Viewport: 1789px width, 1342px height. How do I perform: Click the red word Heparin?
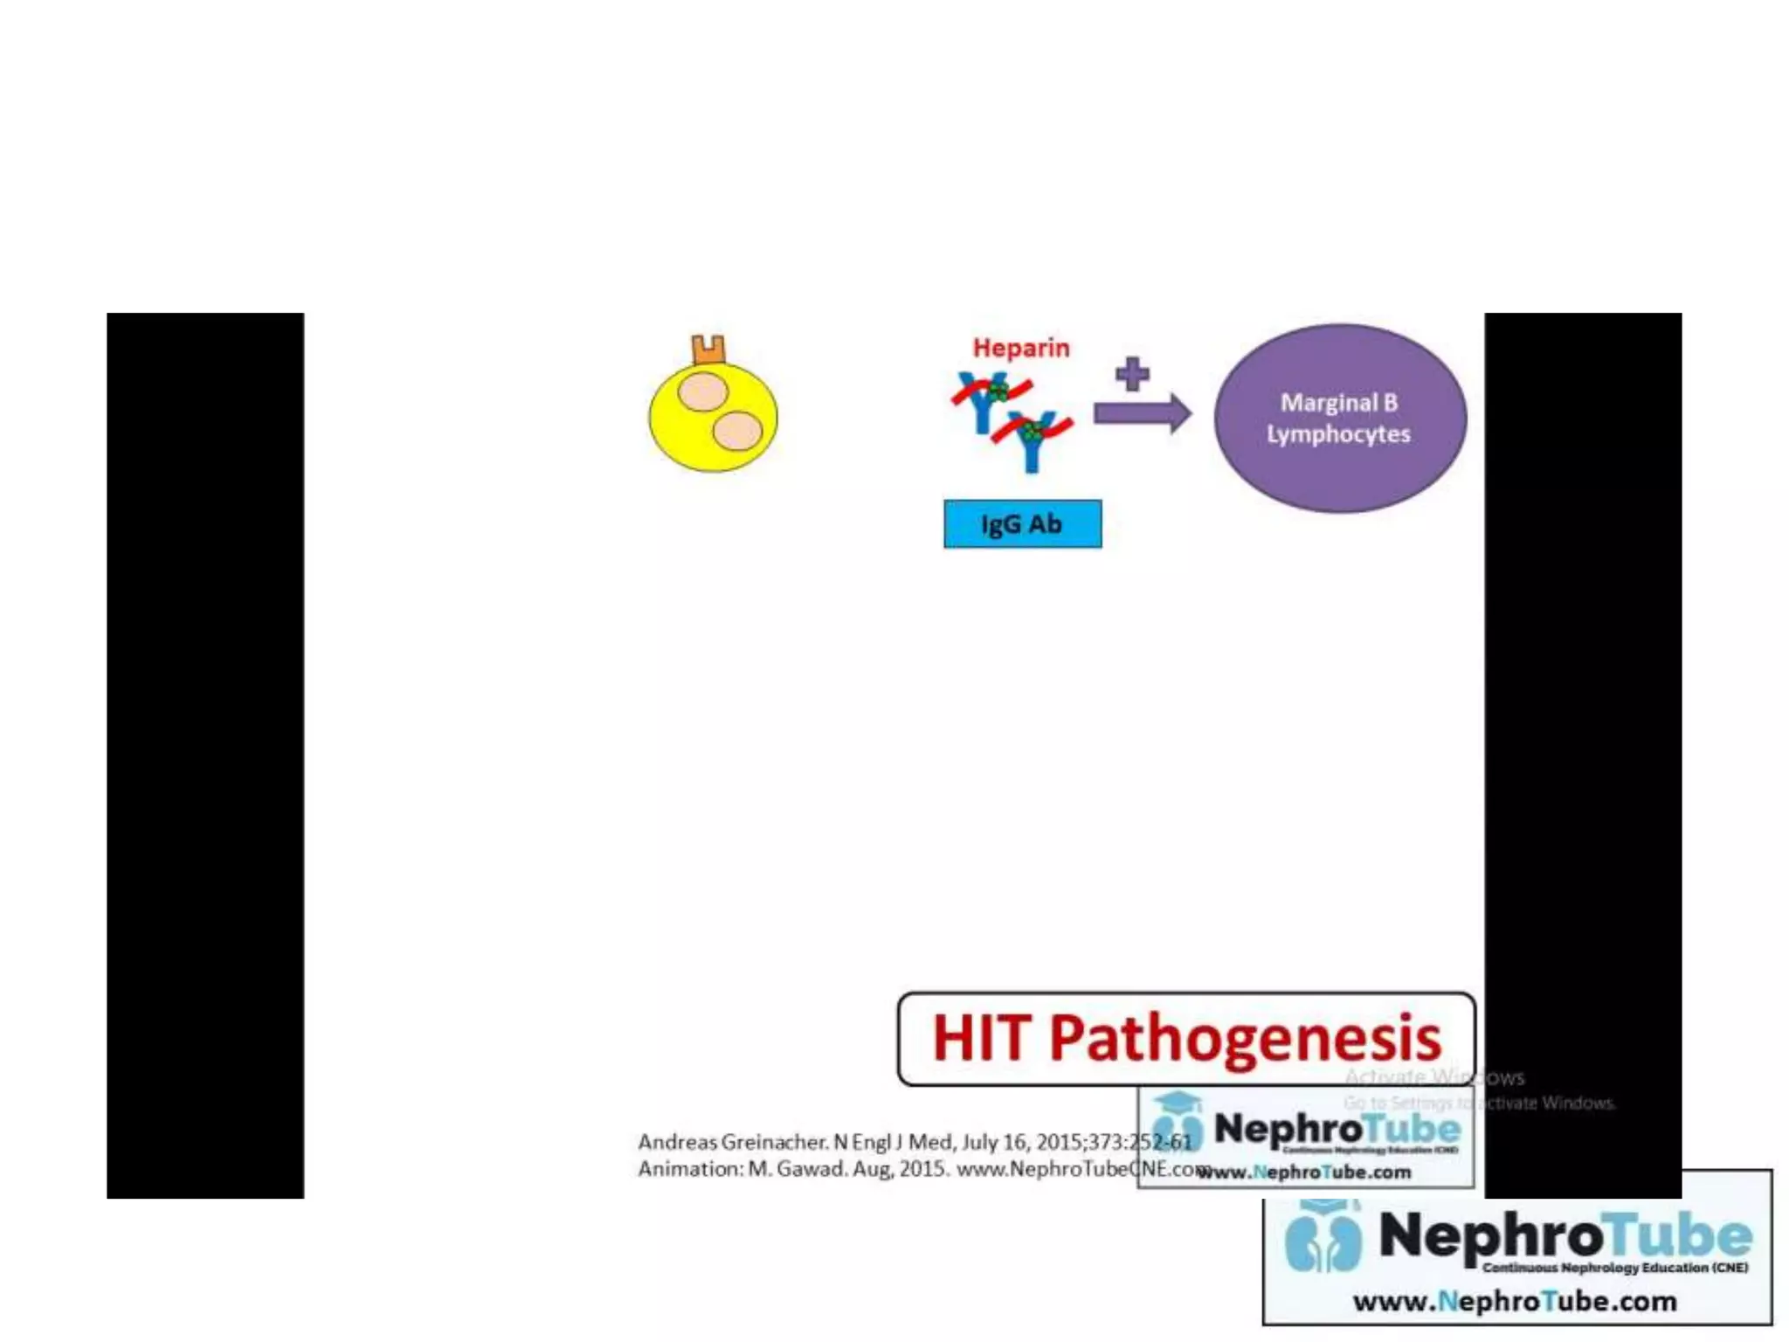[1020, 348]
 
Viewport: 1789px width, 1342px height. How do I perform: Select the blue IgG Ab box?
[1022, 524]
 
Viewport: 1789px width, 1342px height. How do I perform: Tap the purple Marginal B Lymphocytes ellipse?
[1339, 419]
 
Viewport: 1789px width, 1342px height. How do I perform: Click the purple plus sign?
[1132, 374]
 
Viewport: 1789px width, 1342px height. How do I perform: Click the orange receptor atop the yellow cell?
[708, 349]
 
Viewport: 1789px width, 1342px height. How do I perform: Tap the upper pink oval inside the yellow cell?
[703, 392]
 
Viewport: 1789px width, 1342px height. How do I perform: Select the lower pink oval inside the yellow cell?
[737, 431]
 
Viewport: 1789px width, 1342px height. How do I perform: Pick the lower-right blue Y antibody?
[1033, 441]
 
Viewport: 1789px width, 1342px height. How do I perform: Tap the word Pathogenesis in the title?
[1244, 1039]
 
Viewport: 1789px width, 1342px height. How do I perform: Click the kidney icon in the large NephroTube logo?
[1323, 1242]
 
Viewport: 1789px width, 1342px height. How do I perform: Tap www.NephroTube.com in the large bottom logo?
[1514, 1302]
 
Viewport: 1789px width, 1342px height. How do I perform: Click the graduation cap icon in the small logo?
[1178, 1103]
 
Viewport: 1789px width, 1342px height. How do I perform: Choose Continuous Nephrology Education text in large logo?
[1614, 1268]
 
